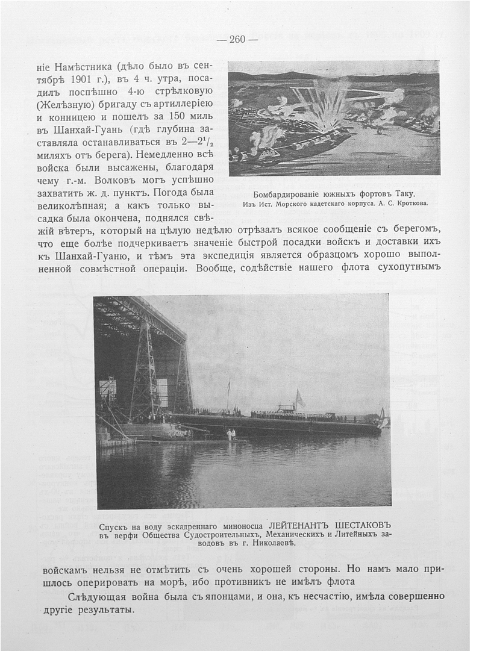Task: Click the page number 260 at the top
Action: [x=237, y=40]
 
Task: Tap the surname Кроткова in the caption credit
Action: [x=411, y=204]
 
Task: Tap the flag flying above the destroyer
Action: [x=299, y=398]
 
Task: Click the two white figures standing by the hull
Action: [x=231, y=434]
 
